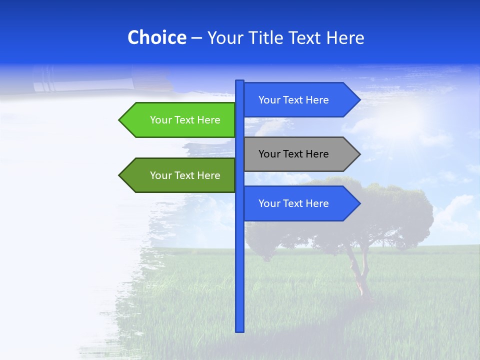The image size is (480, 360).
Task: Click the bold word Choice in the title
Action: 156,37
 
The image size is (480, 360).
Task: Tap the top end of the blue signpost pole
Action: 240,81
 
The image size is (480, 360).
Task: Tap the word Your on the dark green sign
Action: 160,175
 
